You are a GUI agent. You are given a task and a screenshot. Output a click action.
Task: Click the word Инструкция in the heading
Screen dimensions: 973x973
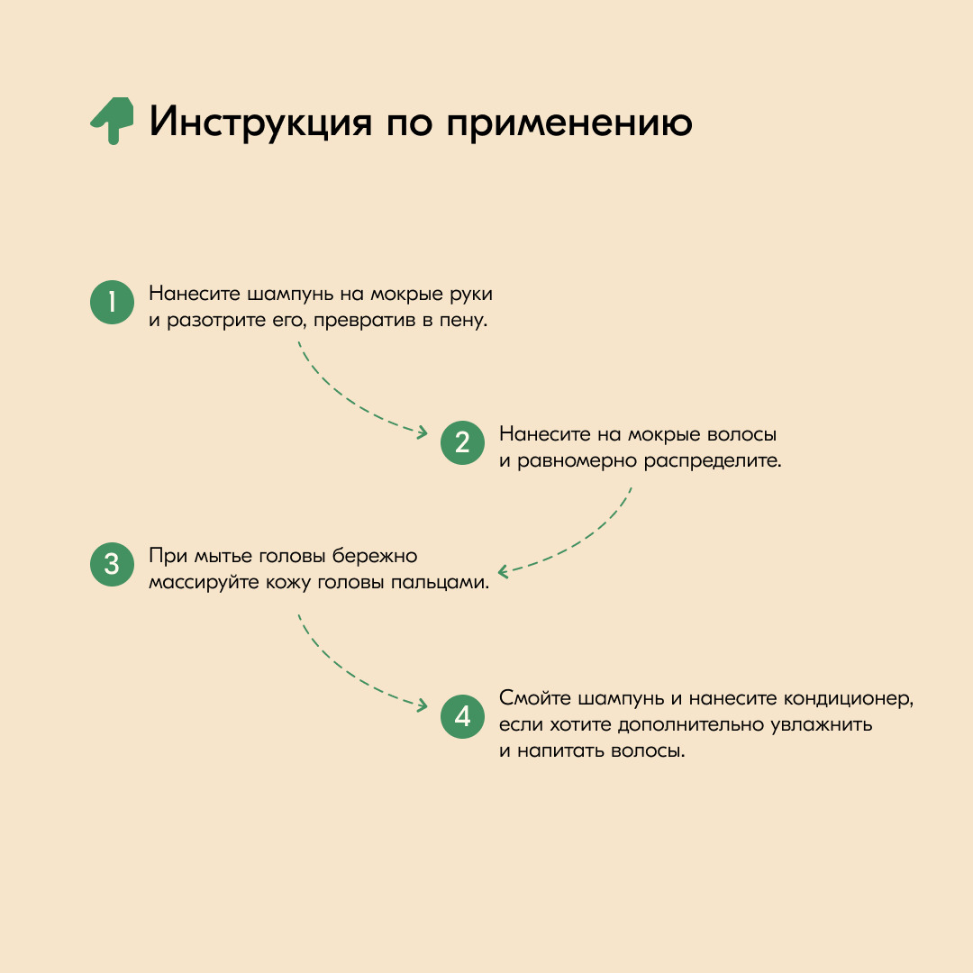coord(260,122)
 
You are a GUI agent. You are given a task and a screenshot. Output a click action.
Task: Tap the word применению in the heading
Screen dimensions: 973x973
coord(569,123)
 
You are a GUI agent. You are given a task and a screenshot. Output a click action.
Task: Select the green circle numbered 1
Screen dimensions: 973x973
coord(113,302)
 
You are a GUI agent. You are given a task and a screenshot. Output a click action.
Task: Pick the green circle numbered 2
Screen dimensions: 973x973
coord(462,442)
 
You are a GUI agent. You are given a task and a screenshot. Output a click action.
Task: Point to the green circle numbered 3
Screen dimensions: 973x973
coord(113,564)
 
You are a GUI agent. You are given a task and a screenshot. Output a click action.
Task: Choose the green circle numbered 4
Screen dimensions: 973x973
coord(462,716)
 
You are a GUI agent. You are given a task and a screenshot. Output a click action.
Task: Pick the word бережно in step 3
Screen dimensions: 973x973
coord(374,556)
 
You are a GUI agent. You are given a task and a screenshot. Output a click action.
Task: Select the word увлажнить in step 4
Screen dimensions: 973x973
coord(821,724)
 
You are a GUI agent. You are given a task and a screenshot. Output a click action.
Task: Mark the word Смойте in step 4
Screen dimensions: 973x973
coord(535,698)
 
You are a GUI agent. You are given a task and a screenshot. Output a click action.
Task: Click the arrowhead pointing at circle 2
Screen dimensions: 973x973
coord(423,432)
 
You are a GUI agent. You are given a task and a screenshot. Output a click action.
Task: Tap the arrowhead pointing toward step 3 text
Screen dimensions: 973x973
coord(504,571)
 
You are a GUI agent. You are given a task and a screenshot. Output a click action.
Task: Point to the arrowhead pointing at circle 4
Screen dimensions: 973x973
coord(423,705)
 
